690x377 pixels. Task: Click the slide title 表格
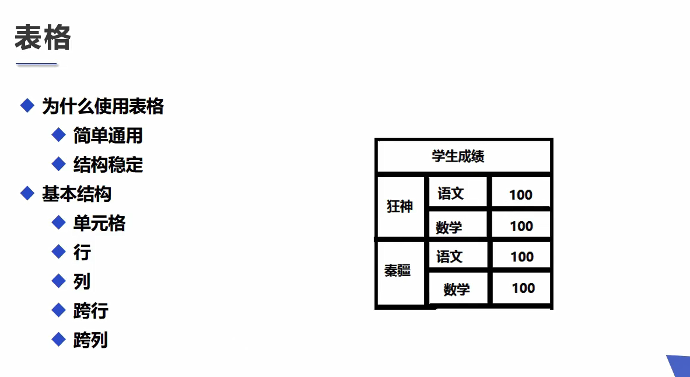(x=43, y=38)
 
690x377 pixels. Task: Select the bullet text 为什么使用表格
(x=103, y=106)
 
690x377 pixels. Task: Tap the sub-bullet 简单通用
(x=108, y=135)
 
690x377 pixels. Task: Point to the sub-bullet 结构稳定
(x=108, y=165)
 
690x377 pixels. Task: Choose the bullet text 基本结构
(x=76, y=194)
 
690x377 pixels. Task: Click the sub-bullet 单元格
(x=99, y=223)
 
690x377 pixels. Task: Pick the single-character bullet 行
(x=82, y=252)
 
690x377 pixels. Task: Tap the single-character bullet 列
(x=82, y=281)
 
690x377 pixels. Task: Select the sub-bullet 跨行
(x=90, y=310)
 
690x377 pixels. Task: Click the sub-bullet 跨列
(x=90, y=340)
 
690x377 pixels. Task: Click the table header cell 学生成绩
(x=458, y=156)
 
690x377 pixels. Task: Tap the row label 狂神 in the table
(x=400, y=207)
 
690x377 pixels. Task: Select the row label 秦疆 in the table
(x=397, y=271)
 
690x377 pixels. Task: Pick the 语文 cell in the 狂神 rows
(x=450, y=194)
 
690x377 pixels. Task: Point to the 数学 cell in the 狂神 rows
(x=449, y=228)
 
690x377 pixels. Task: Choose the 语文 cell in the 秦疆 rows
(x=449, y=257)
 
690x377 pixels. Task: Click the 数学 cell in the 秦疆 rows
(x=456, y=289)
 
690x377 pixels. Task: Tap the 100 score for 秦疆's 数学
(x=523, y=288)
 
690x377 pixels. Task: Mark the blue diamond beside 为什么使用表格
(x=27, y=106)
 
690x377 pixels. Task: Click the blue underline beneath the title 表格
(x=36, y=64)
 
